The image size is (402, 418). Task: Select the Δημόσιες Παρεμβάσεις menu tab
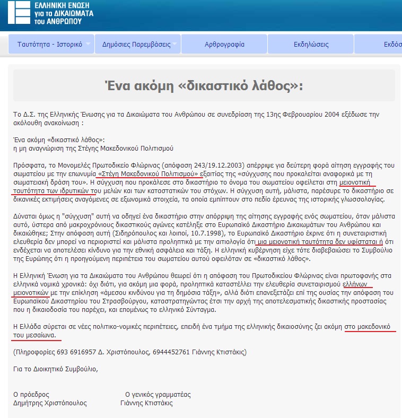pyautogui.click(x=136, y=44)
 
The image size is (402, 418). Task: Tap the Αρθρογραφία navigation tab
pyautogui.click(x=224, y=44)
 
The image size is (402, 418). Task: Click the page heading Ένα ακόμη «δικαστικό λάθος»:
pyautogui.click(x=204, y=86)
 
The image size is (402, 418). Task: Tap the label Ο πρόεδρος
pyautogui.click(x=31, y=395)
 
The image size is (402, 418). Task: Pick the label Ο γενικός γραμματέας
pyautogui.click(x=158, y=395)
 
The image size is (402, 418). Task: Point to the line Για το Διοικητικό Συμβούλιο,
pyautogui.click(x=56, y=369)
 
